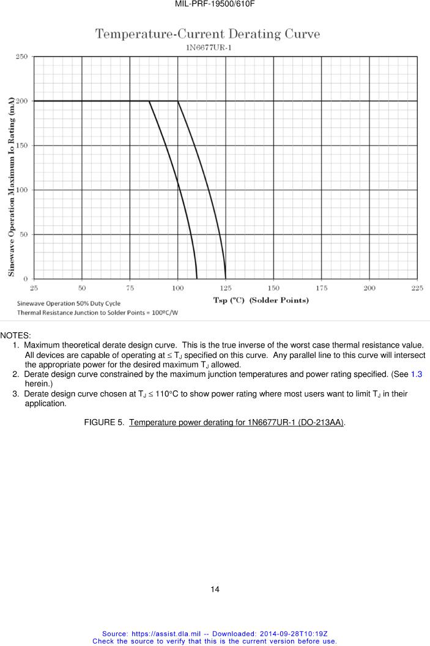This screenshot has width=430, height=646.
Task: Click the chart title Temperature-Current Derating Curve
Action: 207,34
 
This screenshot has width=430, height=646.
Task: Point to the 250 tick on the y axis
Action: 21,56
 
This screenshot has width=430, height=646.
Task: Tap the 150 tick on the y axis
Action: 21,146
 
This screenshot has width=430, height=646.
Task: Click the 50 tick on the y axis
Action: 23,235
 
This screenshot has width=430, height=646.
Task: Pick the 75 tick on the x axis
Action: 130,288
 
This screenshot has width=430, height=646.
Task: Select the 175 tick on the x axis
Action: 322,288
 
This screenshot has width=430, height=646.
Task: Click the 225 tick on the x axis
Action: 417,288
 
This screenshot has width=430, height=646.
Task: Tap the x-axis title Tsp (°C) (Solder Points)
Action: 261,300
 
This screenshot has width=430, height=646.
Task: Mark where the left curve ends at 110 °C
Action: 197,278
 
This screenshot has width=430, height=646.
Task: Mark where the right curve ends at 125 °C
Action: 226,278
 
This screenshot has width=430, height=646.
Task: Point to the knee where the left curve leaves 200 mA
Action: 149,101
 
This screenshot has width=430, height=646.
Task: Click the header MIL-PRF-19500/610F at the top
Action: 215,4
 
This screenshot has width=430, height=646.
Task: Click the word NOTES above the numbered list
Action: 15,336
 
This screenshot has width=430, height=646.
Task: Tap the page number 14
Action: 215,590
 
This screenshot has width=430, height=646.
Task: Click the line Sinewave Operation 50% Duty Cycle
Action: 69,303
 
